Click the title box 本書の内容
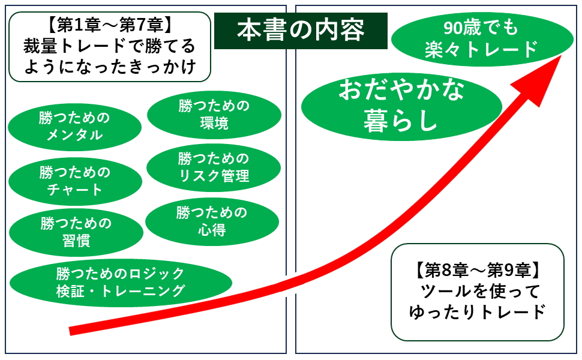click(x=300, y=29)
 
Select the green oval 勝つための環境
click(x=214, y=115)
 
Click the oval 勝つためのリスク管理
click(x=214, y=167)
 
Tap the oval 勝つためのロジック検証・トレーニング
click(x=120, y=282)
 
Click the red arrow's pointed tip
click(x=562, y=55)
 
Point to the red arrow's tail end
click(x=72, y=330)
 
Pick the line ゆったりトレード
click(x=477, y=312)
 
